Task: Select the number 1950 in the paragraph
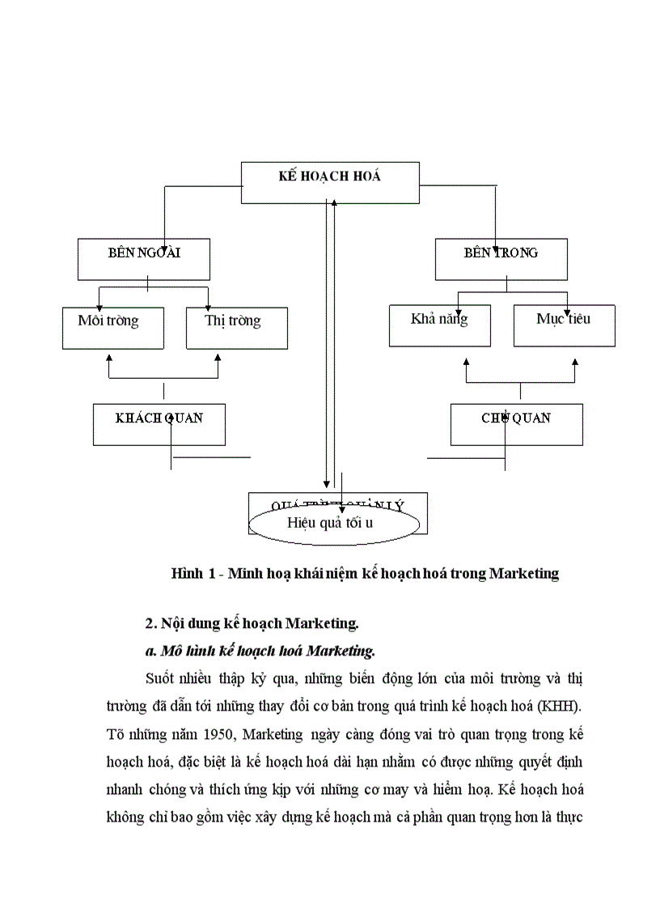(x=218, y=735)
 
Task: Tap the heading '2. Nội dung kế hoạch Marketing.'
(x=252, y=623)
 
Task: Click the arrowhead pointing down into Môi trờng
(x=99, y=308)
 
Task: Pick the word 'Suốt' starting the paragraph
(x=160, y=677)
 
